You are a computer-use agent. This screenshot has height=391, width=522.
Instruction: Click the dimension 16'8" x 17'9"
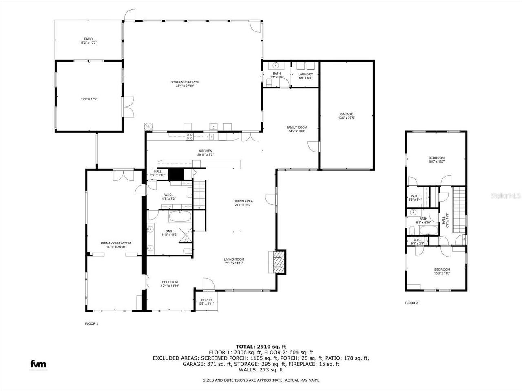click(x=88, y=99)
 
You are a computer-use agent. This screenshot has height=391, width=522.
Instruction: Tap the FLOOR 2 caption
click(x=411, y=303)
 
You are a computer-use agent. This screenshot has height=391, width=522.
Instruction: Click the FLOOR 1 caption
click(x=91, y=324)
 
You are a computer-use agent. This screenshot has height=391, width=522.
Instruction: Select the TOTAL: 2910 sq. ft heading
click(x=261, y=346)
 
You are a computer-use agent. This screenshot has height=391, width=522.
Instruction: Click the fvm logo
click(x=38, y=364)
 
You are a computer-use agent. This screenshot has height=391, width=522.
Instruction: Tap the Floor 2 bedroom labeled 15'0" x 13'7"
click(x=436, y=160)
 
